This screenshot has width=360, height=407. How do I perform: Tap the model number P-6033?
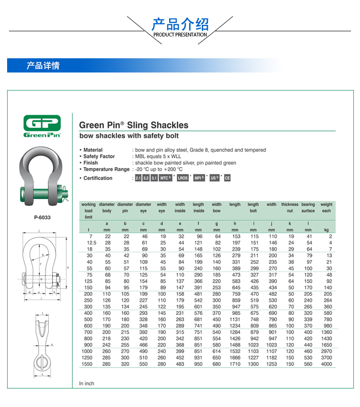(x=42, y=217)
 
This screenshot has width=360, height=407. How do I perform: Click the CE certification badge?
(x=227, y=178)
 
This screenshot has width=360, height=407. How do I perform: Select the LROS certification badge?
(x=183, y=178)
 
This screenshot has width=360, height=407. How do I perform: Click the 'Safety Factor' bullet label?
(x=99, y=156)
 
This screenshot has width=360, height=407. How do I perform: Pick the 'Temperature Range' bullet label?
(x=107, y=169)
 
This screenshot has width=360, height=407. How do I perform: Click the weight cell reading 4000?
(x=326, y=364)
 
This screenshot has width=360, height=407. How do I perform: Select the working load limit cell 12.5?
(x=91, y=243)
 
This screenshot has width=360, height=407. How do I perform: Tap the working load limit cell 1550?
(x=87, y=364)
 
